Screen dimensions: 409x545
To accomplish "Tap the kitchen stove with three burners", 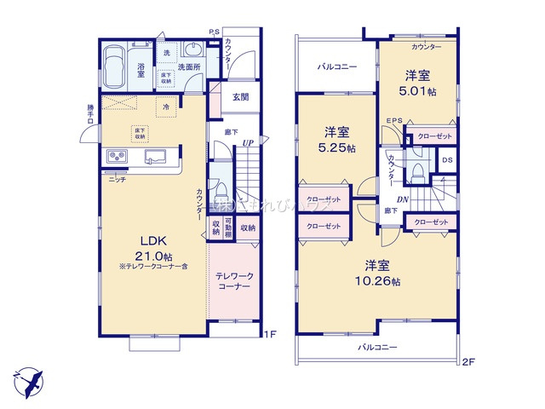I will click(117, 157).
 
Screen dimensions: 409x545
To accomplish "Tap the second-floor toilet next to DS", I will click(417, 173).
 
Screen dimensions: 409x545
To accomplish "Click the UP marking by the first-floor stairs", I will click(247, 143).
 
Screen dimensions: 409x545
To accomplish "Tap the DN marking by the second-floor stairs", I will click(404, 200).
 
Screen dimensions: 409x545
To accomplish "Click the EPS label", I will click(393, 122).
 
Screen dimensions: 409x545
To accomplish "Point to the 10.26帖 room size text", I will click(377, 282).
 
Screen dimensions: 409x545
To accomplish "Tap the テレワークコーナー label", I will click(232, 282).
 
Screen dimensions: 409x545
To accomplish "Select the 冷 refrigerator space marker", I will click(167, 107).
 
